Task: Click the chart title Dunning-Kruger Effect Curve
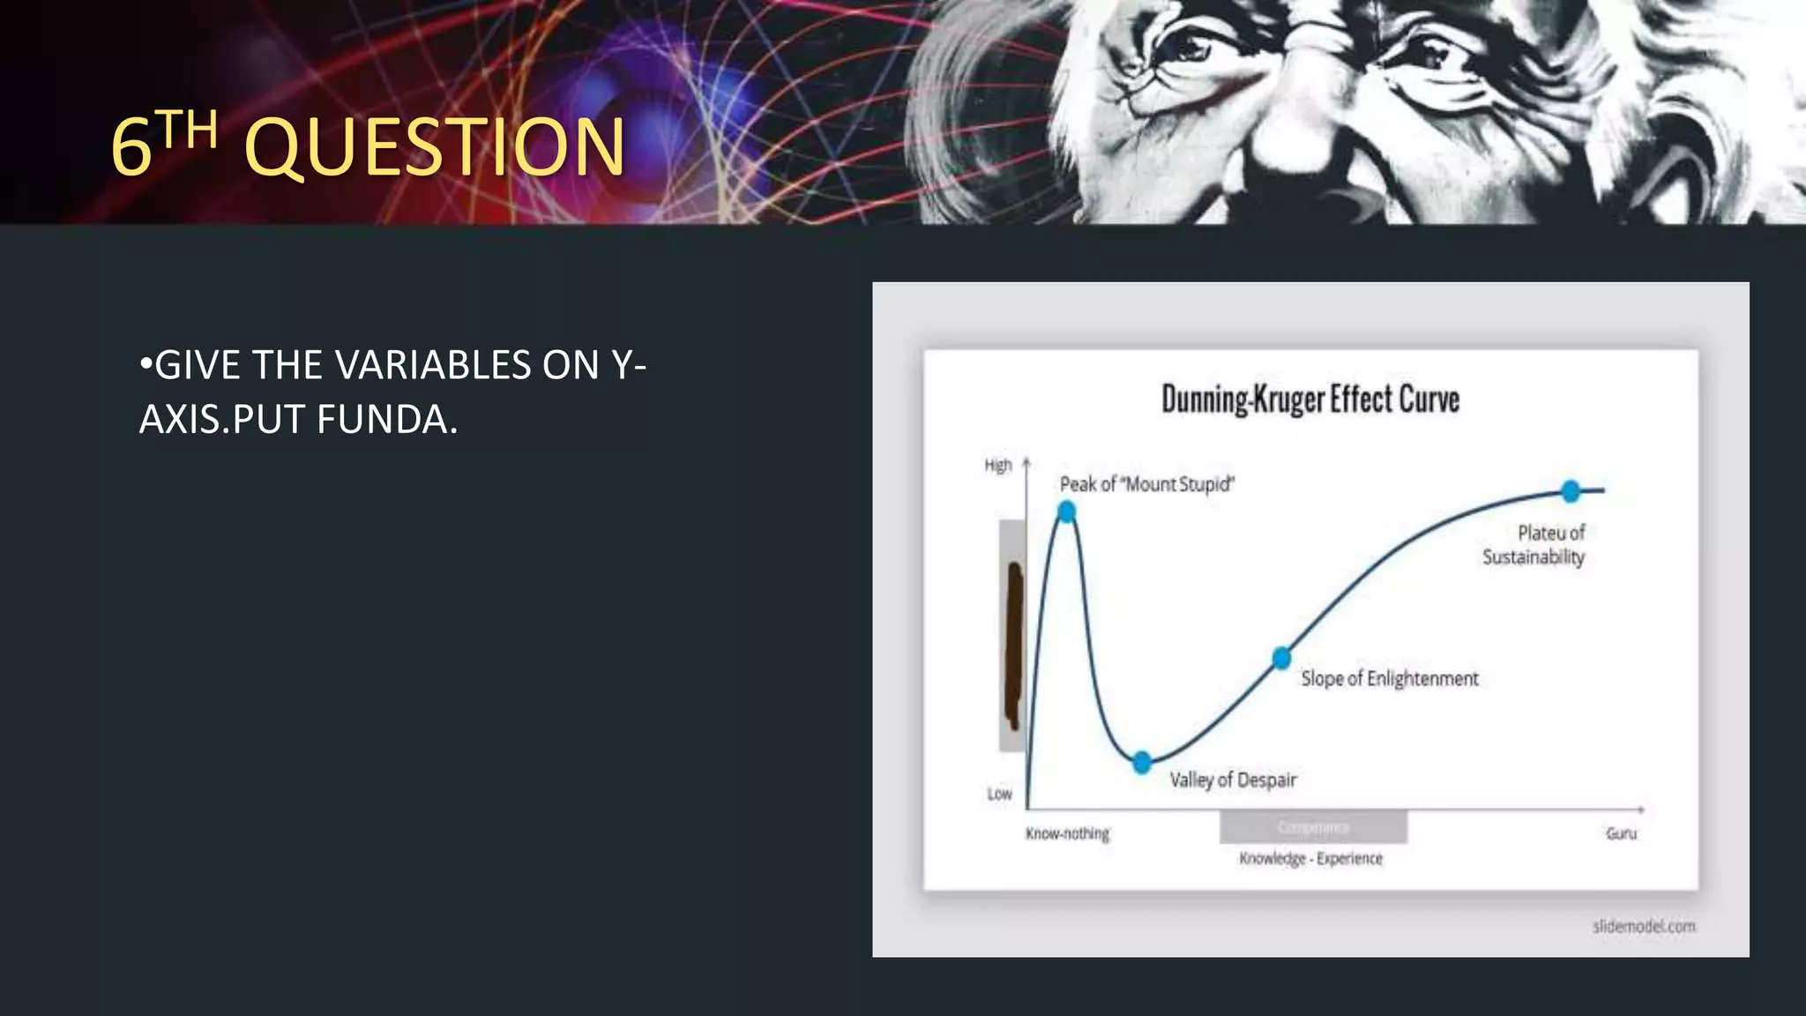(x=1310, y=400)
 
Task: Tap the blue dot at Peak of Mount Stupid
(x=1066, y=512)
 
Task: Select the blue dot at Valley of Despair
(x=1142, y=763)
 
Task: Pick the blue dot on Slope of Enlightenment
(x=1281, y=658)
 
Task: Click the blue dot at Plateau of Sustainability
(x=1571, y=491)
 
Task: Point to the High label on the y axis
(x=998, y=466)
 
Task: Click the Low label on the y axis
(x=999, y=794)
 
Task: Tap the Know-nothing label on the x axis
(x=1067, y=833)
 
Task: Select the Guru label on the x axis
(x=1621, y=833)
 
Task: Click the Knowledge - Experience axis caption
(x=1310, y=858)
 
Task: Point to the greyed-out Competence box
(x=1313, y=827)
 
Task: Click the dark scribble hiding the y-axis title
(x=1015, y=644)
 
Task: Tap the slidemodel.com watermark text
(x=1644, y=926)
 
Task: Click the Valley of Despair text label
(x=1233, y=780)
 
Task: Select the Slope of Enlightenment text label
(x=1390, y=678)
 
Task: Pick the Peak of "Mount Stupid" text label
(x=1146, y=484)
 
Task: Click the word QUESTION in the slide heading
(x=434, y=146)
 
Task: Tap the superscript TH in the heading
(x=189, y=130)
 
